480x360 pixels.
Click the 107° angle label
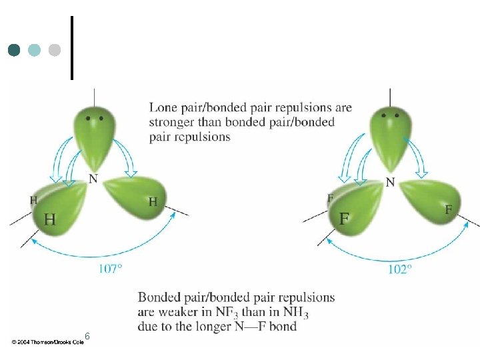[111, 269]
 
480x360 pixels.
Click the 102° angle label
[400, 269]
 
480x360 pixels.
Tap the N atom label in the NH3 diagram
[93, 179]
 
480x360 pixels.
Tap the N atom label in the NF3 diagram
[390, 183]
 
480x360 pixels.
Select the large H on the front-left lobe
[50, 219]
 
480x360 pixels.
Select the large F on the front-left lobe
[344, 219]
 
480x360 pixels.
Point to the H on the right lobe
[153, 202]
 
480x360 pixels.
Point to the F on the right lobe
[448, 210]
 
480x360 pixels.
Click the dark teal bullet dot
[14, 50]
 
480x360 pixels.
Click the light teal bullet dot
[34, 50]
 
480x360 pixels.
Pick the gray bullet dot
[55, 50]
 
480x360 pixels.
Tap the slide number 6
[87, 336]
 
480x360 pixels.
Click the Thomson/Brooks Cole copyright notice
[48, 342]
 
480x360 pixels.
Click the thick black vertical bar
[72, 48]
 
